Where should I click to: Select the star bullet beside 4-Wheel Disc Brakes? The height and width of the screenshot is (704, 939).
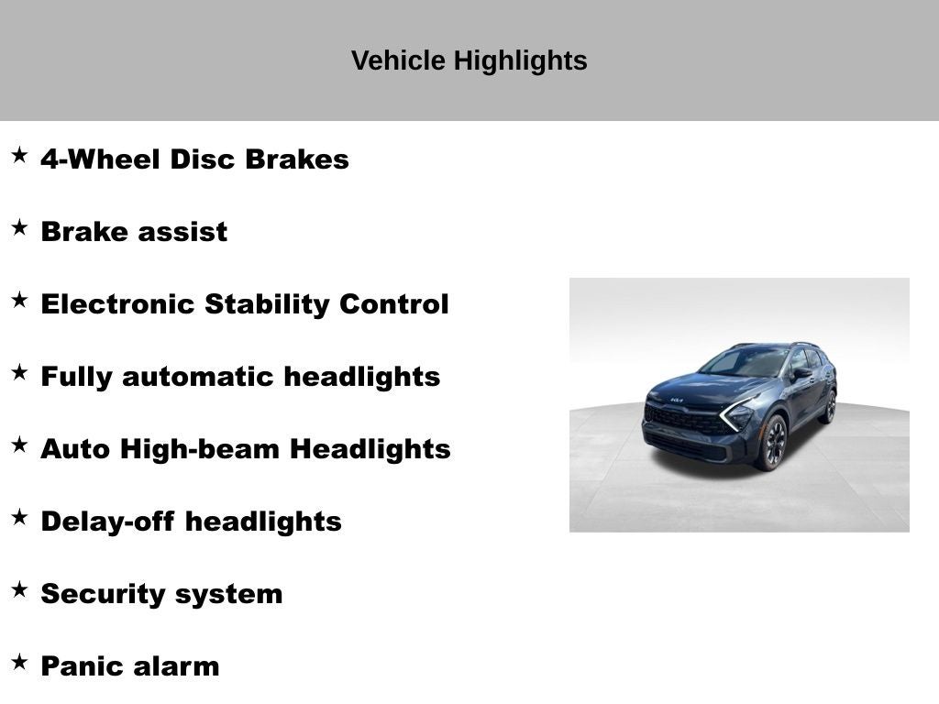[x=19, y=156]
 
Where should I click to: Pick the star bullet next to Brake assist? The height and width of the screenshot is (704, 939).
[x=19, y=228]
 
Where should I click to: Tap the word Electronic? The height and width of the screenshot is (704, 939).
[x=118, y=304]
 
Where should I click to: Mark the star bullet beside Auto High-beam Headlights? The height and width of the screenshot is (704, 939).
[x=19, y=445]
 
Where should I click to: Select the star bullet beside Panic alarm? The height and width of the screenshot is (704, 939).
[x=19, y=663]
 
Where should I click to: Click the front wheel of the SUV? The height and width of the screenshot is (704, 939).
[x=771, y=442]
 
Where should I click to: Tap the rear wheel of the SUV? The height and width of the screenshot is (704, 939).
[x=829, y=406]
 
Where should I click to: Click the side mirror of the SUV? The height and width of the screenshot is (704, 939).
[x=801, y=373]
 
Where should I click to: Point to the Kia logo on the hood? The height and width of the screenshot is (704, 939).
[x=676, y=401]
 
